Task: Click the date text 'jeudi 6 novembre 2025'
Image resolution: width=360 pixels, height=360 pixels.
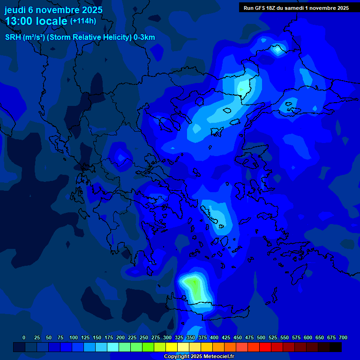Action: [53, 9]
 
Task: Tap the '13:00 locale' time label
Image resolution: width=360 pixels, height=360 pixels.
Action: [37, 21]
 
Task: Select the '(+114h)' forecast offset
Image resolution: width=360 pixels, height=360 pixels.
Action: [83, 21]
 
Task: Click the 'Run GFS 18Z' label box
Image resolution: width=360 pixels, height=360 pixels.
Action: [296, 7]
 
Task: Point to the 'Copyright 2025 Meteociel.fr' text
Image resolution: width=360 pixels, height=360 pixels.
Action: [199, 357]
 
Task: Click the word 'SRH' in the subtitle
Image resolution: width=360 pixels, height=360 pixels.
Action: [13, 37]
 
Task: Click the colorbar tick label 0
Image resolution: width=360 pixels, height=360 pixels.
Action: [24, 337]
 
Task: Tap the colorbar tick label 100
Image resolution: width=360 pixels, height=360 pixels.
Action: [74, 337]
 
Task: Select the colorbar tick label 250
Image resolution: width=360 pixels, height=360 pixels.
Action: [144, 337]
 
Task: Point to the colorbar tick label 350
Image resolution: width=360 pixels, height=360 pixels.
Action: [191, 337]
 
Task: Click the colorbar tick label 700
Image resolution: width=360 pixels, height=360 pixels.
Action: [343, 337]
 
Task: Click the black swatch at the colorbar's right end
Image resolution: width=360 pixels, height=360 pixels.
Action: [336, 347]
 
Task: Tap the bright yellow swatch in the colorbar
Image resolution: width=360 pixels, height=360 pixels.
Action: [172, 347]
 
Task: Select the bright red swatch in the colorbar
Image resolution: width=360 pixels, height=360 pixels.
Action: [265, 347]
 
